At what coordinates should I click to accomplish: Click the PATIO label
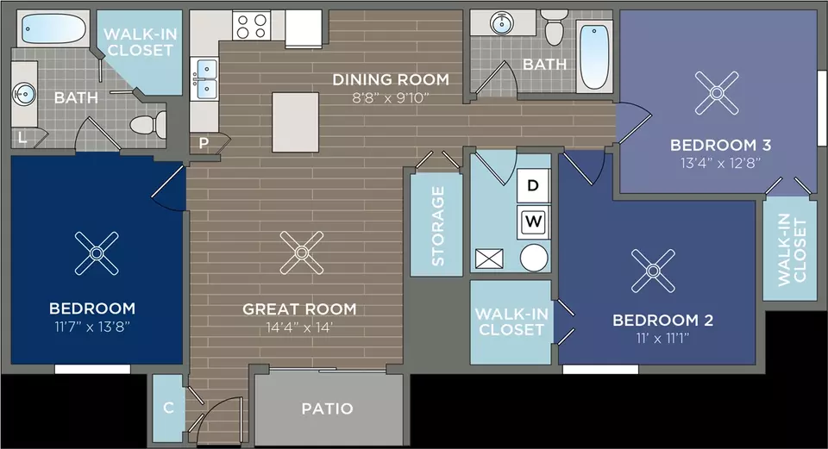(x=327, y=408)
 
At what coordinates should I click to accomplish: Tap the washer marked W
(x=533, y=221)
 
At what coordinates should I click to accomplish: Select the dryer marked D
(x=533, y=185)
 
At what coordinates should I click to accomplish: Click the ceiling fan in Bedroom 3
(x=717, y=93)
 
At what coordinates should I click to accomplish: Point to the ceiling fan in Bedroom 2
(x=653, y=271)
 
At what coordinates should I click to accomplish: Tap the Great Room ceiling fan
(x=302, y=253)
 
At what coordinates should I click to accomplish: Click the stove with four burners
(x=251, y=26)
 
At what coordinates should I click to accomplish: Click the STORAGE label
(x=438, y=226)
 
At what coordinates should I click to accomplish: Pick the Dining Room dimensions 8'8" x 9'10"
(x=390, y=97)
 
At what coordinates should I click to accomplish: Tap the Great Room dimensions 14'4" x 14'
(x=299, y=327)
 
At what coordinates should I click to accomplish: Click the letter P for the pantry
(x=204, y=143)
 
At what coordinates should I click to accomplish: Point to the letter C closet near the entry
(x=168, y=408)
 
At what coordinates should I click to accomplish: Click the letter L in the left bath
(x=22, y=138)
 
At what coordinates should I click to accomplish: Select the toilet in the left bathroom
(x=147, y=125)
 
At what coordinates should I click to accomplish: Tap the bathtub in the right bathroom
(x=594, y=57)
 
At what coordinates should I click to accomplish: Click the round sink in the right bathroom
(x=502, y=22)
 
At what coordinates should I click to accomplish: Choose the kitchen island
(x=296, y=122)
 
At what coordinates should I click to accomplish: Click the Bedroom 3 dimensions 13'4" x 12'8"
(x=720, y=163)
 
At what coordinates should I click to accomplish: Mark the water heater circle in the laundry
(x=534, y=258)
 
